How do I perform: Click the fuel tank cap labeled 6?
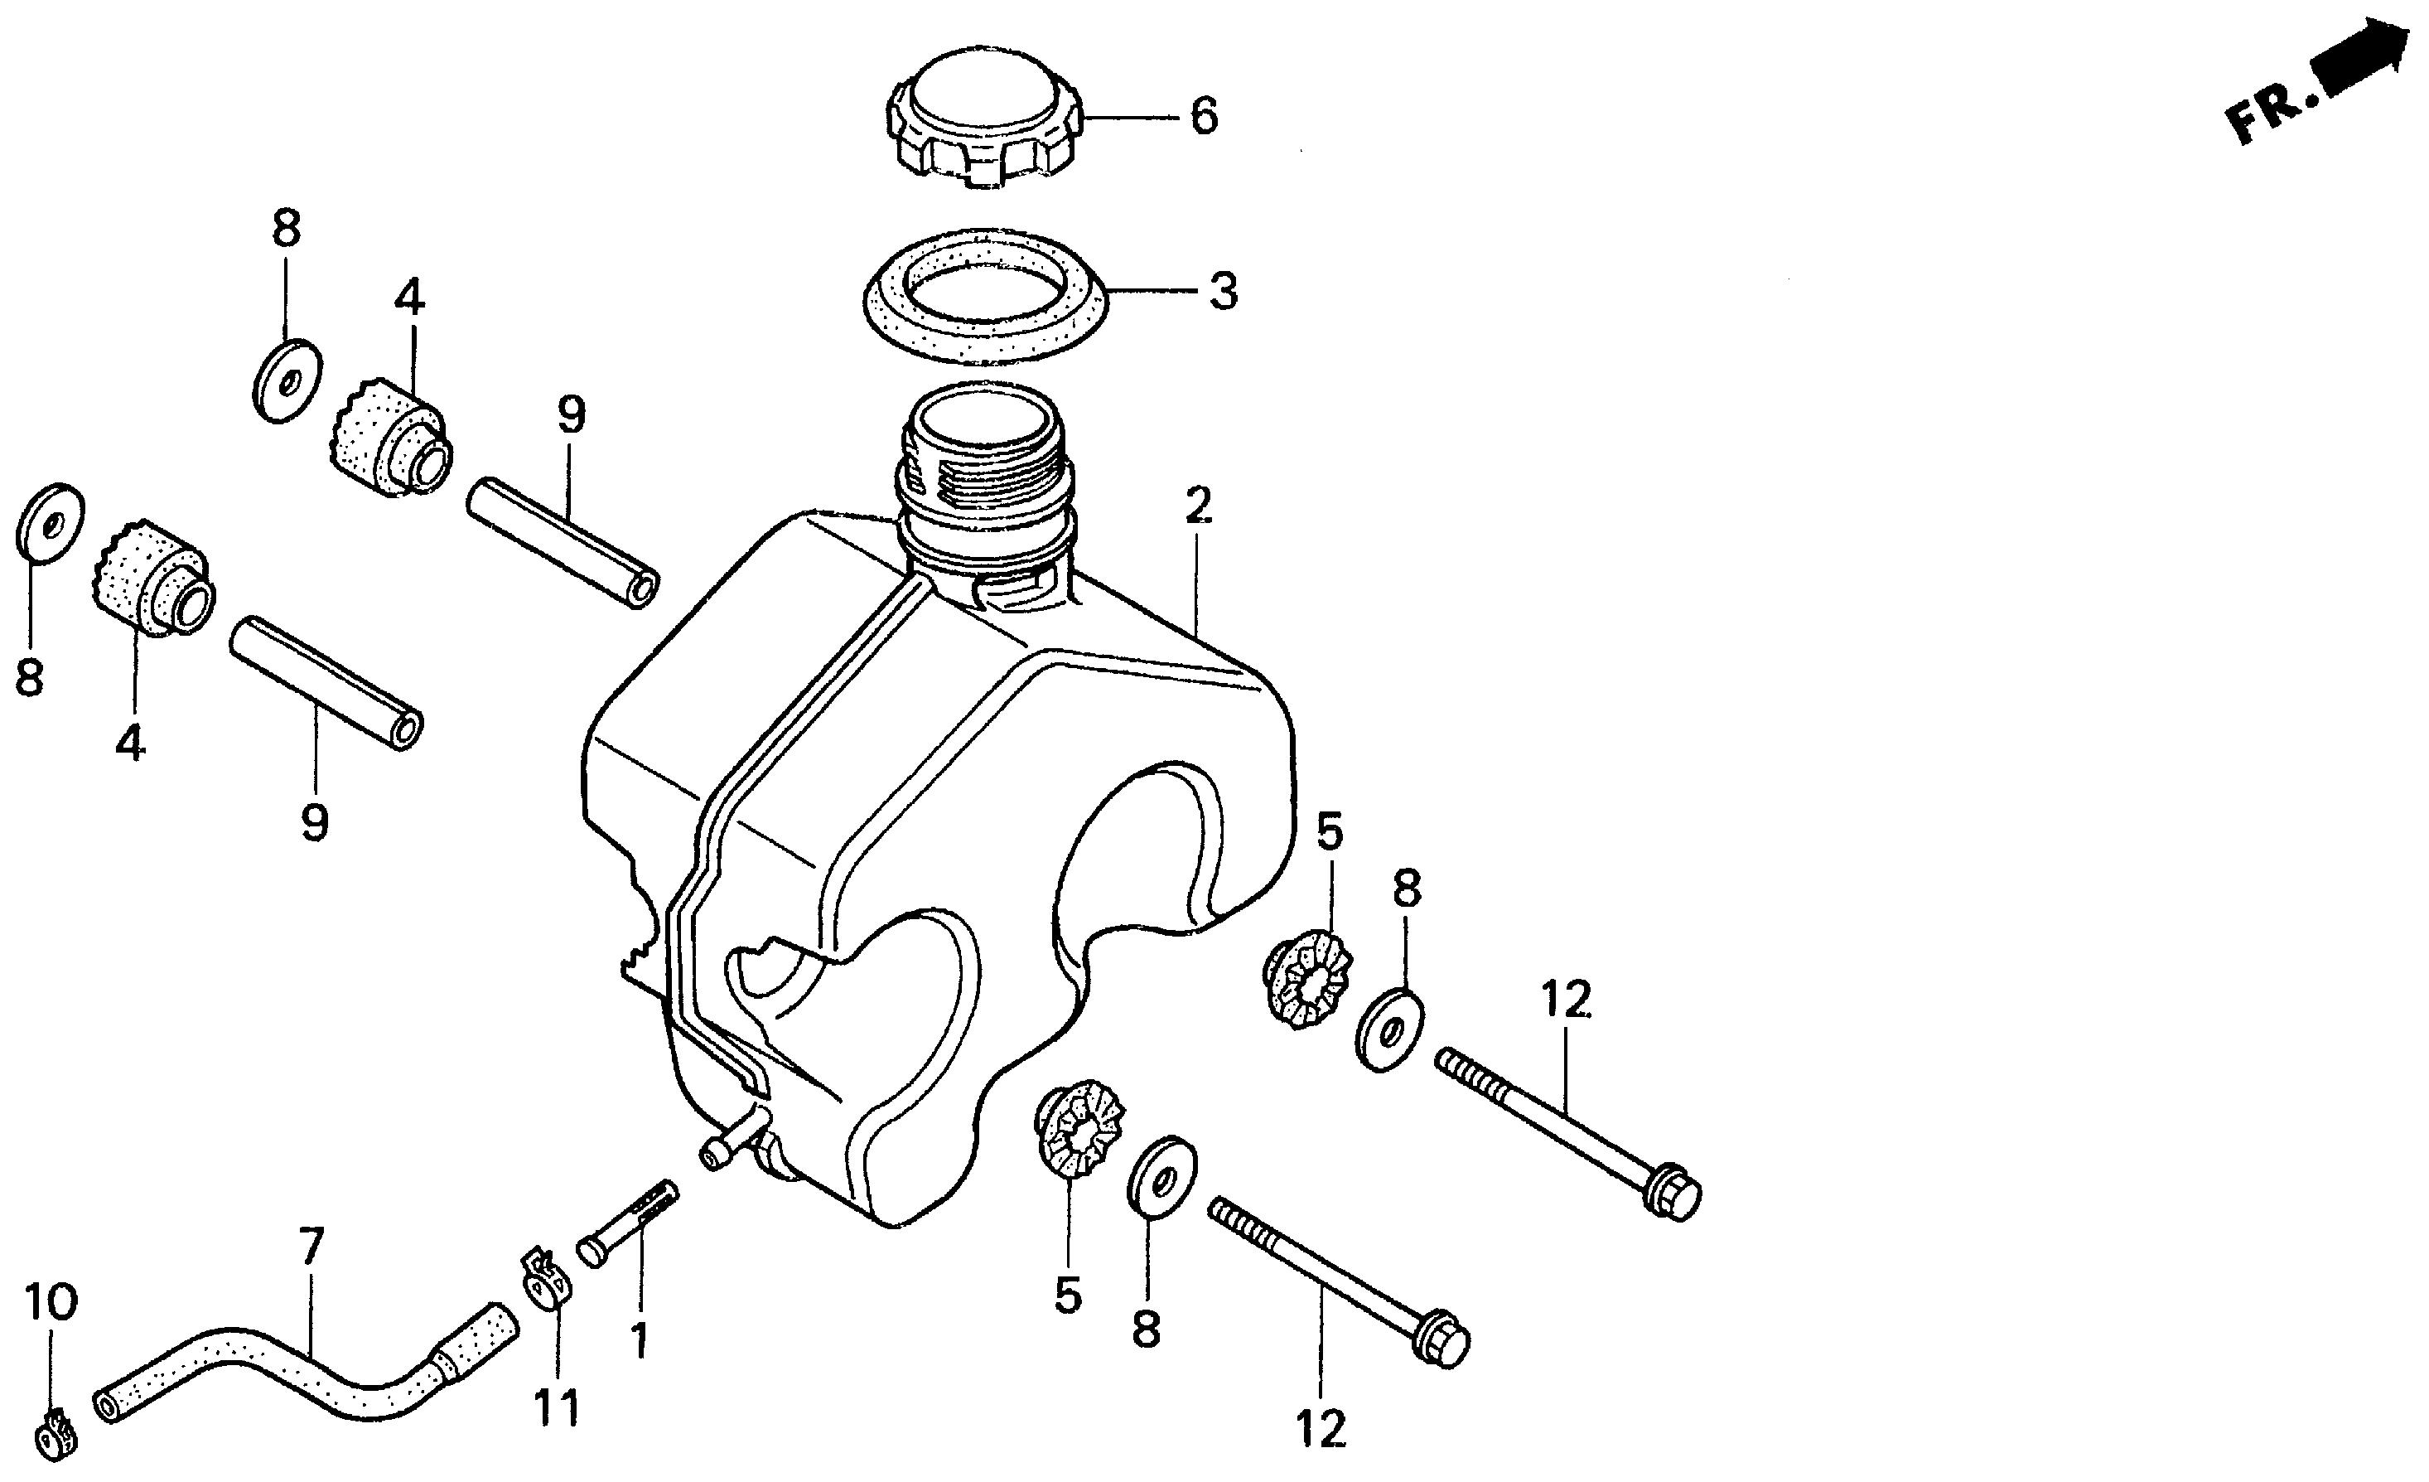[x=987, y=119]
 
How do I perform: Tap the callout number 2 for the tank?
[x=1197, y=506]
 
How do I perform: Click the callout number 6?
[x=1204, y=116]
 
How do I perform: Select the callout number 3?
[x=1223, y=292]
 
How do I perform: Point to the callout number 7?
[x=311, y=1248]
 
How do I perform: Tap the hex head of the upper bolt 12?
[x=1676, y=1194]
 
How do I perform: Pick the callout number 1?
[x=640, y=1341]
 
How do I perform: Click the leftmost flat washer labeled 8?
[x=49, y=522]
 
